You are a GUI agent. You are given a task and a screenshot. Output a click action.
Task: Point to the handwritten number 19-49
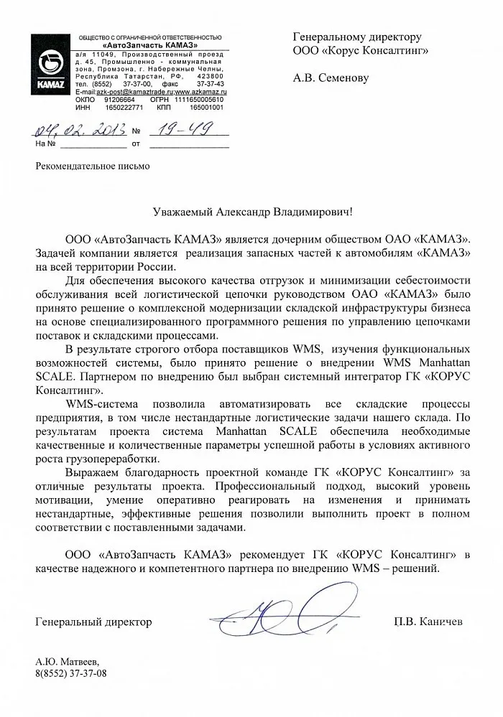point(169,130)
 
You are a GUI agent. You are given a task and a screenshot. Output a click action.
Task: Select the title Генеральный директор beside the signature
point(93,622)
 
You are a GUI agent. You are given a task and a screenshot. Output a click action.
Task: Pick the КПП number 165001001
point(206,107)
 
